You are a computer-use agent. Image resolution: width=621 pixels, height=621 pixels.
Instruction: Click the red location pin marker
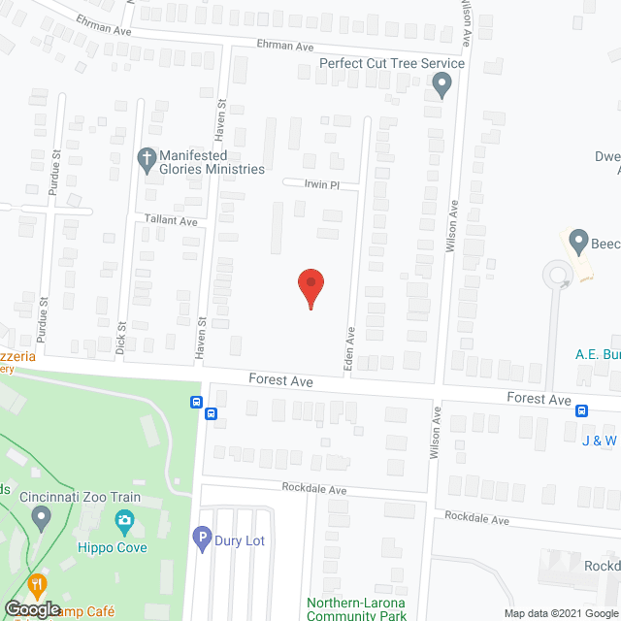[310, 288]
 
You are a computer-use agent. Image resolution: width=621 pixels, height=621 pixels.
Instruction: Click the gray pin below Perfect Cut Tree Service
[441, 86]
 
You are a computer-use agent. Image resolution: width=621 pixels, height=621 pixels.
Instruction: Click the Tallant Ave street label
[171, 221]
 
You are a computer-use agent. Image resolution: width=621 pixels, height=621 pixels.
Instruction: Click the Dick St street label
[121, 336]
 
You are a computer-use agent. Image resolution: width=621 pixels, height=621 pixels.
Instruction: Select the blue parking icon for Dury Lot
[203, 536]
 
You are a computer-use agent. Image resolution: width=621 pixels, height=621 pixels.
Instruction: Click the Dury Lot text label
[242, 540]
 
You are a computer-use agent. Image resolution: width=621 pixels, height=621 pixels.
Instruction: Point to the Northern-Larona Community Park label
[355, 607]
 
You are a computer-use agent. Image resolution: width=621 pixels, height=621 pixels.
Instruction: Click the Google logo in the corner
[31, 609]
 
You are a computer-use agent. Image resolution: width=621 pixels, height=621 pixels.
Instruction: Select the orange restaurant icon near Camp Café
[38, 585]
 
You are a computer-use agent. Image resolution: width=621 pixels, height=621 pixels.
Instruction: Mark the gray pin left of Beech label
[579, 239]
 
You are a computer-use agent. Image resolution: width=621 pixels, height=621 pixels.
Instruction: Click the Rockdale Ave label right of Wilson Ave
[476, 520]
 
